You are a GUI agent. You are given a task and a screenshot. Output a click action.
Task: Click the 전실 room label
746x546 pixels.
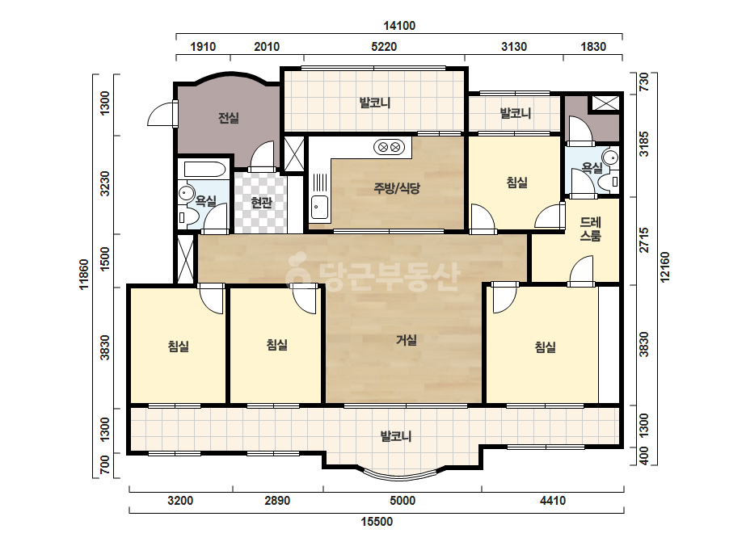point(229,117)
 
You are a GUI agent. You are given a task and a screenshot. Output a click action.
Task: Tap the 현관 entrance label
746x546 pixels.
point(261,203)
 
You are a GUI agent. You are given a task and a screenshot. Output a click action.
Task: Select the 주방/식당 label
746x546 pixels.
point(397,188)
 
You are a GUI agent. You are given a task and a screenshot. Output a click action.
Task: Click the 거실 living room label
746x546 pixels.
point(407,339)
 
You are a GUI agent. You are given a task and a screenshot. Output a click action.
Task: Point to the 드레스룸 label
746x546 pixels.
point(591,229)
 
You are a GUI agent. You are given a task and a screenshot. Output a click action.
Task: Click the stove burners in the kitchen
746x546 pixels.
point(389,148)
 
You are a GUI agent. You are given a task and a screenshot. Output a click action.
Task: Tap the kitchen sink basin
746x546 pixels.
point(319,208)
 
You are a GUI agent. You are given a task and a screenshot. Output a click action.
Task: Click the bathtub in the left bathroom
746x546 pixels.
point(205,170)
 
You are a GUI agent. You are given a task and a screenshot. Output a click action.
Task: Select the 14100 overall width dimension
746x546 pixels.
point(399,26)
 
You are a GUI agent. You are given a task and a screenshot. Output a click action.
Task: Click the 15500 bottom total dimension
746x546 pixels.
point(377,522)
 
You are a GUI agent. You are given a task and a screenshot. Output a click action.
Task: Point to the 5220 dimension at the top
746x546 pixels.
point(384,47)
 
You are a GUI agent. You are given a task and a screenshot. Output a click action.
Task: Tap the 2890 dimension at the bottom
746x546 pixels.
point(277,501)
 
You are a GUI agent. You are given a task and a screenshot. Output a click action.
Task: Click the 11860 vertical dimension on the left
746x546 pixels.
point(84,275)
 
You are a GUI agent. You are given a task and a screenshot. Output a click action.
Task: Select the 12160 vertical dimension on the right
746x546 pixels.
point(664,267)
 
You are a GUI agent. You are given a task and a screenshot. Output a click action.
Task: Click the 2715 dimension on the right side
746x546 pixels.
point(644,240)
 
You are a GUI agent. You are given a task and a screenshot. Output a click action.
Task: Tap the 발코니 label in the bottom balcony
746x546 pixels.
point(396,435)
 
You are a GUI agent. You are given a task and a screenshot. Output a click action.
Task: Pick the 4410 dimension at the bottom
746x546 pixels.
point(553,501)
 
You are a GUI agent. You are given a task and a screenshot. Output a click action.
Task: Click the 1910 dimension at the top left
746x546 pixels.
point(203,47)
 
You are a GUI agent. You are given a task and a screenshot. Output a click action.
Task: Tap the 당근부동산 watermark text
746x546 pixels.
point(373,275)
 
